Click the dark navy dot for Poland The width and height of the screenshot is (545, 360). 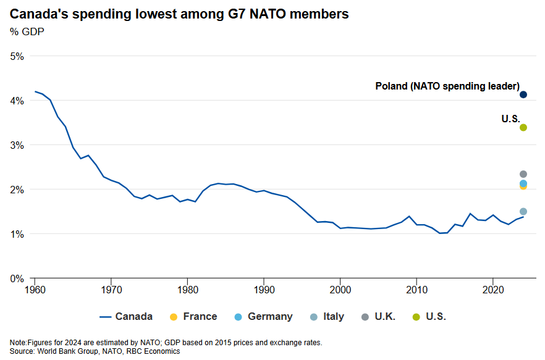click(x=523, y=94)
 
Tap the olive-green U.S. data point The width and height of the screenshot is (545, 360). click(x=523, y=127)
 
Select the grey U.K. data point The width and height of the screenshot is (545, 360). click(x=523, y=174)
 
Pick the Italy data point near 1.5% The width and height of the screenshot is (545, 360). click(x=523, y=211)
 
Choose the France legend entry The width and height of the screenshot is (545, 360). click(x=193, y=317)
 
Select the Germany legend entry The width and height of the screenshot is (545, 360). click(x=263, y=317)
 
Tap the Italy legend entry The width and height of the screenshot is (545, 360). click(x=327, y=317)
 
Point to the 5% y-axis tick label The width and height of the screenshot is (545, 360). click(x=17, y=56)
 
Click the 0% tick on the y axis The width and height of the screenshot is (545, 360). click(x=17, y=278)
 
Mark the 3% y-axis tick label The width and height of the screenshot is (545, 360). click(x=17, y=145)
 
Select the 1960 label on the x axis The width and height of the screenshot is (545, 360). click(x=35, y=289)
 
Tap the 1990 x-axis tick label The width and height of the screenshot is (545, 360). click(x=264, y=289)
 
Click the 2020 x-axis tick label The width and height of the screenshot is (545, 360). click(x=492, y=289)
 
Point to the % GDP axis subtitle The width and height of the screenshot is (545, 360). click(x=27, y=31)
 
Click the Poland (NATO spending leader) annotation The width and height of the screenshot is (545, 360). click(x=447, y=86)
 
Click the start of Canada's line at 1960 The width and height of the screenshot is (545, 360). click(x=35, y=91)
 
